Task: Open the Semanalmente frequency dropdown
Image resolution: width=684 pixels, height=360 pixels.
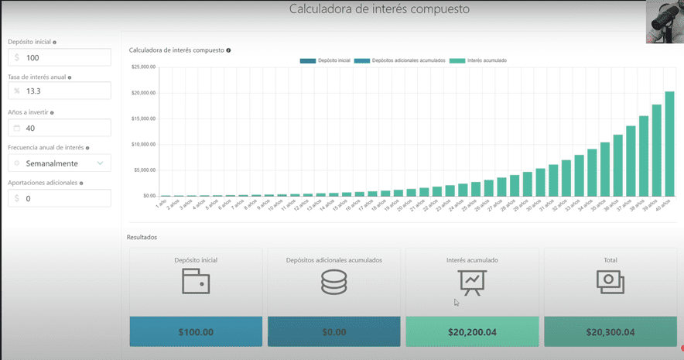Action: pos(60,163)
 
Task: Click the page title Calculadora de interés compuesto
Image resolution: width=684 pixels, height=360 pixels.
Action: pos(379,9)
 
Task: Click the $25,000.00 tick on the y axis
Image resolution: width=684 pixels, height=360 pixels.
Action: pos(144,67)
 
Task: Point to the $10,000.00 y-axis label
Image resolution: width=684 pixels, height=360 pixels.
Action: pos(144,145)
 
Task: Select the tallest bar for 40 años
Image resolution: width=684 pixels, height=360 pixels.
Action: pos(669,144)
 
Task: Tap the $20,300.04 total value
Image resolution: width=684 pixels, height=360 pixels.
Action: pos(610,332)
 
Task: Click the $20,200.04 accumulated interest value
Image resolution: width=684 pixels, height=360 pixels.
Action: pos(472,332)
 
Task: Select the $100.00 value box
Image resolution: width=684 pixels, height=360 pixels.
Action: pos(196,332)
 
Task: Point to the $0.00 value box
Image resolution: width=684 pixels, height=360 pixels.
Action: pos(333,332)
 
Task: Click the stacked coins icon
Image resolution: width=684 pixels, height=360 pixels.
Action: pos(333,283)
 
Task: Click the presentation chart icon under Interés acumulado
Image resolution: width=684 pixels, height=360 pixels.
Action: pos(471,283)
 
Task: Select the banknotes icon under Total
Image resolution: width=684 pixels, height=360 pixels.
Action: pos(610,283)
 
